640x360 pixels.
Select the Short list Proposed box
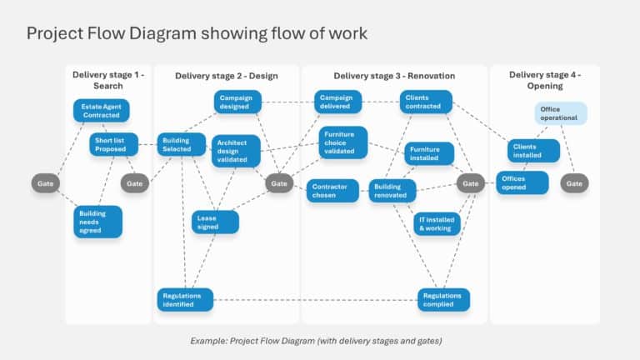click(x=114, y=144)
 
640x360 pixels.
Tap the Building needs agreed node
click(x=97, y=222)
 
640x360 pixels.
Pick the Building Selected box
click(x=182, y=145)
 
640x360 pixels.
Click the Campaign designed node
click(x=237, y=102)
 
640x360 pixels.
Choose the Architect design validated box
click(x=235, y=151)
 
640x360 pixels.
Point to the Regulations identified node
click(x=185, y=299)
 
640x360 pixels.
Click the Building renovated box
click(x=392, y=191)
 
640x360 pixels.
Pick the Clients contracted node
click(x=426, y=102)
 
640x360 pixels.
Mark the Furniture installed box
click(x=429, y=153)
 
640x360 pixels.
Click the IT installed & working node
click(x=437, y=223)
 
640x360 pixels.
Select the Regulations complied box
click(x=443, y=299)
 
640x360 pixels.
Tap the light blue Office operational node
click(x=561, y=113)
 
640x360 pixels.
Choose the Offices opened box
click(x=523, y=182)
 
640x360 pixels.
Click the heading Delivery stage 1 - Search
click(x=108, y=80)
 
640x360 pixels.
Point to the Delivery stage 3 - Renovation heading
click(x=394, y=76)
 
